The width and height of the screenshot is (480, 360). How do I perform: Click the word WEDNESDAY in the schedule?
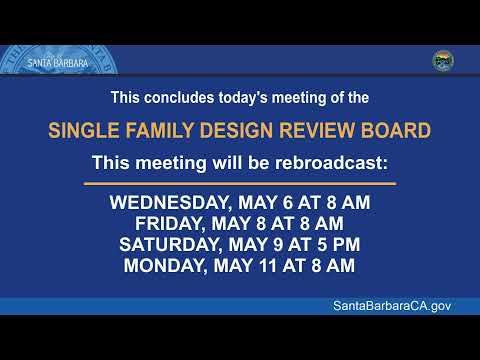point(169,203)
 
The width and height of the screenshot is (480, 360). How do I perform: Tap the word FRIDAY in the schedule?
point(170,224)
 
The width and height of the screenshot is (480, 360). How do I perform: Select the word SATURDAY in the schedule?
point(170,245)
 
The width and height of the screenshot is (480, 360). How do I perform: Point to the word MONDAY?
point(165,266)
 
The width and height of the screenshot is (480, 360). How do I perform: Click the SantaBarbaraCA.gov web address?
point(392,306)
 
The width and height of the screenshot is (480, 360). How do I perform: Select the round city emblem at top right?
point(443,61)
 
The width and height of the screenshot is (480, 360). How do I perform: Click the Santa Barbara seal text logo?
point(58,63)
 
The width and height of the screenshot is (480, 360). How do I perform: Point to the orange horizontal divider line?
point(240,183)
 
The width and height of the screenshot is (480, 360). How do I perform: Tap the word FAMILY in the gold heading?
point(160,130)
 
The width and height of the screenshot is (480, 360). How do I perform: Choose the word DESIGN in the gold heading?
point(236,130)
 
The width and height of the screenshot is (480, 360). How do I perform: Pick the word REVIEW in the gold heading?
point(317,130)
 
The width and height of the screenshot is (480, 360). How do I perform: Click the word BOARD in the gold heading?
point(396,130)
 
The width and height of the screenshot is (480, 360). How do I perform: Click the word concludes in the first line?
point(179,98)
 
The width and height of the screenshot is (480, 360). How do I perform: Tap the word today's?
point(243,98)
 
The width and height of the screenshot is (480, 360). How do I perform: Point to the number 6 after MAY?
point(288,203)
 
